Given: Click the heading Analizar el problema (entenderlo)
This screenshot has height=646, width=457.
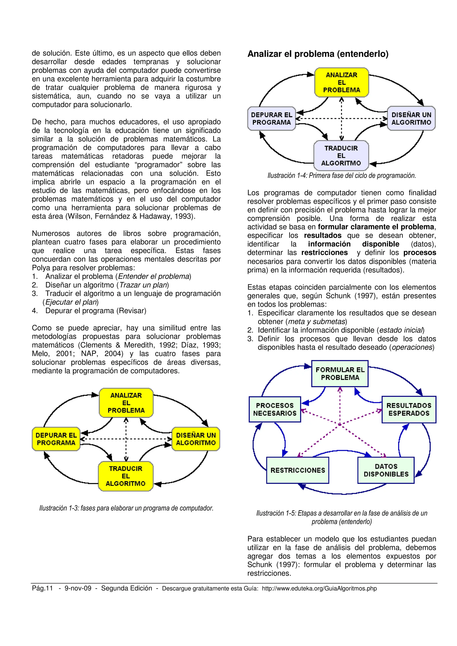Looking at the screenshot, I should coord(318,54).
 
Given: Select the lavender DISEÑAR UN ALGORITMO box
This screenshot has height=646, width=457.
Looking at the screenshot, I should coord(411,118).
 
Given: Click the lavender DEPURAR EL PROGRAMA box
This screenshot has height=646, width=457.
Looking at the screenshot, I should coord(271,118).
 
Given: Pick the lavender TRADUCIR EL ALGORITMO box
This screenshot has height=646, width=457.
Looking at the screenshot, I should coord(341,156).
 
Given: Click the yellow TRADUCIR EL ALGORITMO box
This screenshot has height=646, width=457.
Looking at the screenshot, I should coord(126,476).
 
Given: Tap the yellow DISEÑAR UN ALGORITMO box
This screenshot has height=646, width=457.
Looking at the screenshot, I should coord(196,439).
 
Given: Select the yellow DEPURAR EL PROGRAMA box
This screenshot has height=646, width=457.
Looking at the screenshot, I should coord(56,439).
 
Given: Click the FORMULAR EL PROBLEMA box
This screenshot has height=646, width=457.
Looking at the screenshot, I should coord(340,374).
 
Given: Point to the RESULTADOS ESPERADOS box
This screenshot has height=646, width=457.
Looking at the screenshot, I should coord(409,409).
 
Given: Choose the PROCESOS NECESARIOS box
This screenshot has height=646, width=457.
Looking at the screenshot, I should coord(275,409).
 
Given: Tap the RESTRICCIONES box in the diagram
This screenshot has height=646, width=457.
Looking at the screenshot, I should coord(298,470).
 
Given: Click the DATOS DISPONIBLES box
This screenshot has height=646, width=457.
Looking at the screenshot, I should coord(386,470).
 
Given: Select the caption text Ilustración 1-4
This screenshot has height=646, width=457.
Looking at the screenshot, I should coord(342,176).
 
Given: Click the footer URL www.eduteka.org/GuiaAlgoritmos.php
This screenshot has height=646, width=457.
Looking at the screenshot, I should coord(319,588).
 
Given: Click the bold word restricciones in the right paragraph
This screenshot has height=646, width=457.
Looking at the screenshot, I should coord(324,253).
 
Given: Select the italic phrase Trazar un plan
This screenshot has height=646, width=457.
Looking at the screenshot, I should coord(143,285).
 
